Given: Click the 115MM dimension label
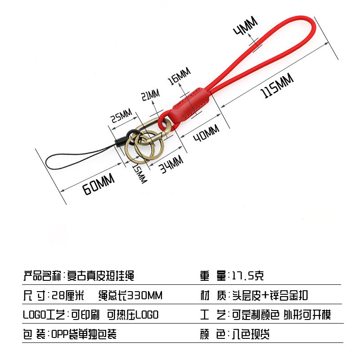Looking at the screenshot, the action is click(277, 86).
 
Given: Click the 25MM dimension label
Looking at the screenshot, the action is click(121, 116).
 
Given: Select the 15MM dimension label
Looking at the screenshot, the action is click(140, 173).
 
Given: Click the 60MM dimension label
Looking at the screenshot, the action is click(99, 184).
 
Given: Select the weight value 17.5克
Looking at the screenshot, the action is click(250, 275).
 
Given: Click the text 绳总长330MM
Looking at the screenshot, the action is click(130, 295).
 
